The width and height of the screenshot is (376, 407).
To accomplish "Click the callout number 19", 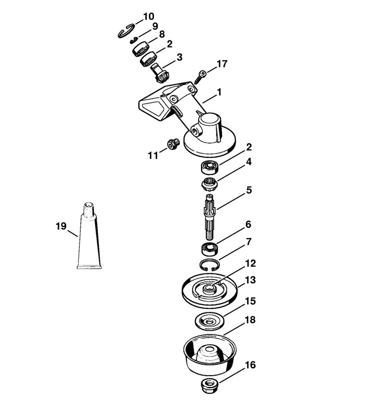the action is tap(61, 226).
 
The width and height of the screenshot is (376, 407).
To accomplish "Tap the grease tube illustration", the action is tap(89, 236).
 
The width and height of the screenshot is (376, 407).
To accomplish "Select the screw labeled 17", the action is tap(200, 76).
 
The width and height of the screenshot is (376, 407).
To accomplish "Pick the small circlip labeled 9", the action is tap(133, 40).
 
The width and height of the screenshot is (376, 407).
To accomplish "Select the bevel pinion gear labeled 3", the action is tap(160, 73).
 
